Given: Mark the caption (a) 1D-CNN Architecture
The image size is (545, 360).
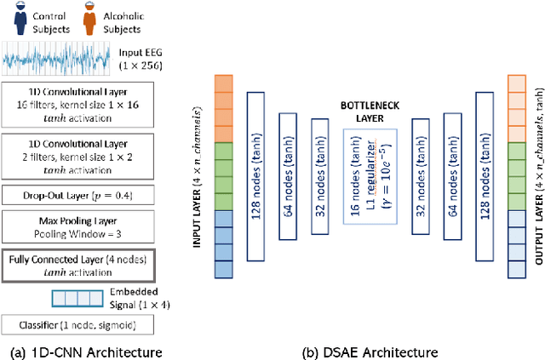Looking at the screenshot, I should pos(83,351).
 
